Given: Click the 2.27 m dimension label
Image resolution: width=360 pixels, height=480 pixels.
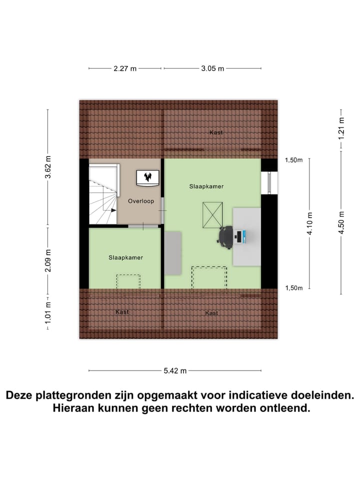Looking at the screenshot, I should coord(125,69).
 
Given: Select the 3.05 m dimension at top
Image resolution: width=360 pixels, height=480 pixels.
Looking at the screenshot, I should coord(212,69).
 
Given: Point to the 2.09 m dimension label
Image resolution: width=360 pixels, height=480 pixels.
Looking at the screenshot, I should coord(48,261).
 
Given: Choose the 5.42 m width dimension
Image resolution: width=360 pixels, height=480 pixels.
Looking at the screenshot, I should coord(175,370).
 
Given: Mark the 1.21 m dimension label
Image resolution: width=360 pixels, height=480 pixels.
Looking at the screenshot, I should coord(341,127).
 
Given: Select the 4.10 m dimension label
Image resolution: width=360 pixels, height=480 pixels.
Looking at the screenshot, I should coord(310,223).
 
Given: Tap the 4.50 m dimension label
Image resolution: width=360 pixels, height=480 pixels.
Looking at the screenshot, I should coord(341,223).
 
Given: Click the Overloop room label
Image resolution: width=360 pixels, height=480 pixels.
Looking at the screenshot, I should coord(140,201).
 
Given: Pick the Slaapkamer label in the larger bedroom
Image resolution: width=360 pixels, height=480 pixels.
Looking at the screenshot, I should coord(206,186).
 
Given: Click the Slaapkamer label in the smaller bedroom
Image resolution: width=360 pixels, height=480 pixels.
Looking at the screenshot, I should coord(126,257).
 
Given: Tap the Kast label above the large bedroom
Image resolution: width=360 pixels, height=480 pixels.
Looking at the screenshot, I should coord(216,132).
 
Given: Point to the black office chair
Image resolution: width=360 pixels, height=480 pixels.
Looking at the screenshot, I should coord(226,236).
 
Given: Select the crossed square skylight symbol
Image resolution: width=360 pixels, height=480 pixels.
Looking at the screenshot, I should coord(212,215).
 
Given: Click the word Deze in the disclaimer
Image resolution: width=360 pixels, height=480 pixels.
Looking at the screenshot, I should coord(22,395).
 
